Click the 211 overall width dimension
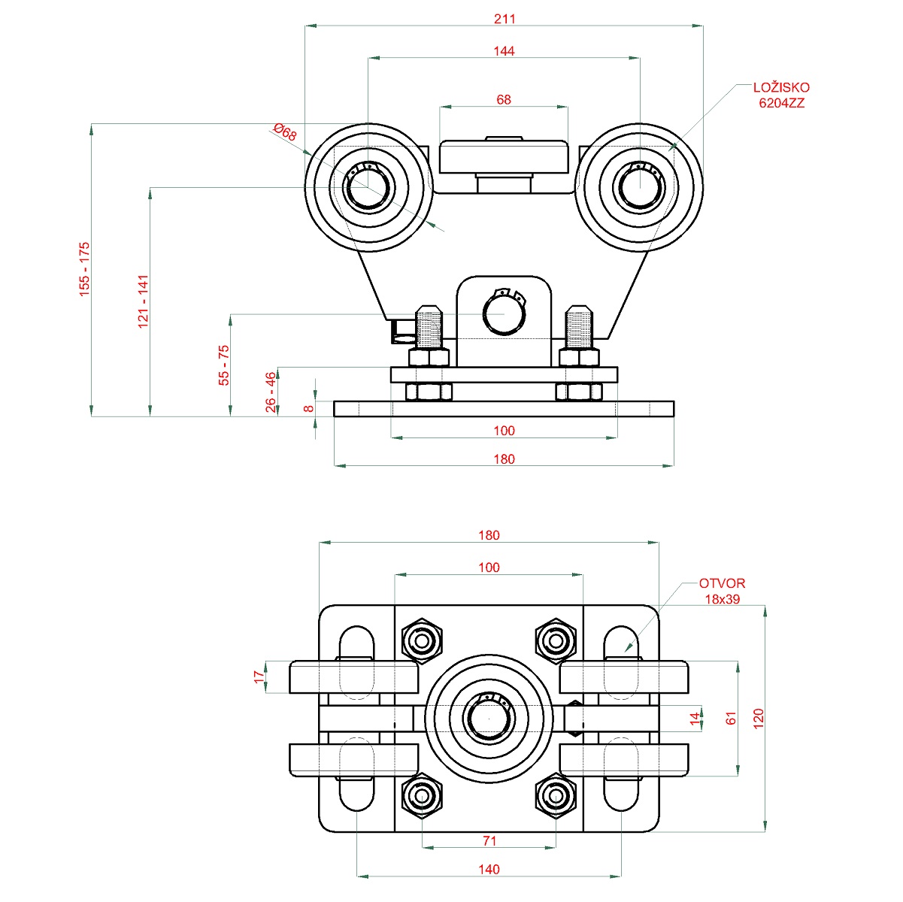point(505,19)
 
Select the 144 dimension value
point(505,51)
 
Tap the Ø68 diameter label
point(286,133)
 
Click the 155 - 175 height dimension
point(84,268)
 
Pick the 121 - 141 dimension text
point(144,301)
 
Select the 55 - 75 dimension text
point(224,365)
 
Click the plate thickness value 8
point(308,408)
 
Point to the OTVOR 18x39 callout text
point(722,591)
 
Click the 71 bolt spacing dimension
point(489,841)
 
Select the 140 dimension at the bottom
point(489,870)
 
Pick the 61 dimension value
point(731,719)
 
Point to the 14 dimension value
point(695,719)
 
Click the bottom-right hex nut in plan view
point(556,795)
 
